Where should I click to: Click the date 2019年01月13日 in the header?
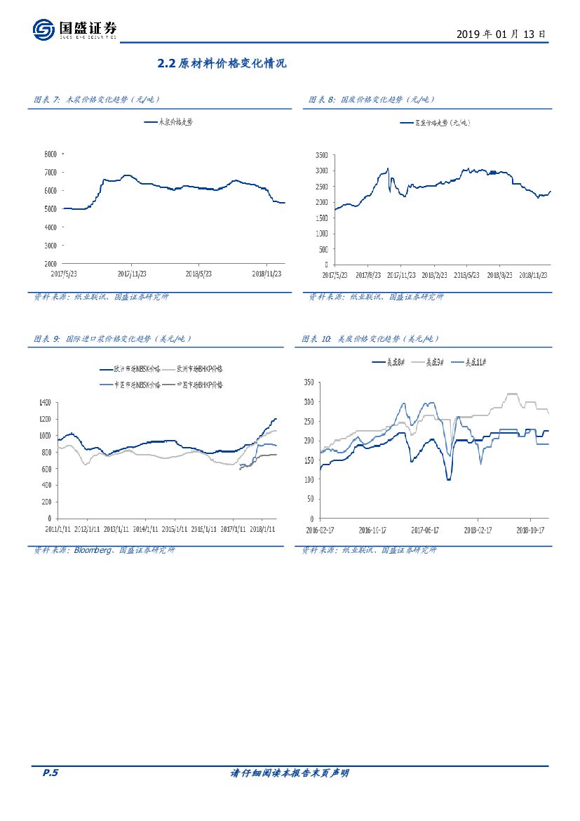point(501,33)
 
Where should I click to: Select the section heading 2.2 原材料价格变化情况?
point(222,64)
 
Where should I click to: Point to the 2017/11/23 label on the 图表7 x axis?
point(133,274)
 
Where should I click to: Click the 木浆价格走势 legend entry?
point(168,121)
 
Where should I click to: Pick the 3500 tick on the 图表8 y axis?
point(321,155)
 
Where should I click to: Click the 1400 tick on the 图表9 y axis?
point(45,402)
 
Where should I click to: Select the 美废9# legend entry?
point(433,361)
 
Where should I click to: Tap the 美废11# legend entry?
point(471,361)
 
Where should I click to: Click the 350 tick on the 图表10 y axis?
point(309,382)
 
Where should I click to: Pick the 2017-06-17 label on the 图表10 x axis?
point(425,530)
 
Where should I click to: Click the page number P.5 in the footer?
point(50,773)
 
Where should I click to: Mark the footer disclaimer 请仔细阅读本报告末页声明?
point(290,773)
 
